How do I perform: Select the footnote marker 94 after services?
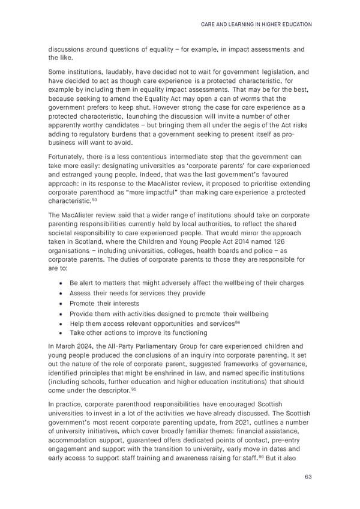[x=239, y=322]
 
